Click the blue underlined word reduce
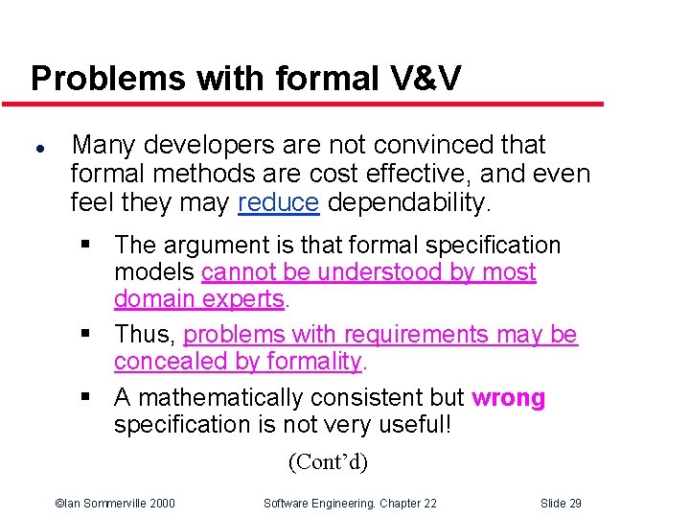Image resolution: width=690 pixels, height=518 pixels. coord(278,203)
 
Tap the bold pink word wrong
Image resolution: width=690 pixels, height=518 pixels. coord(508,398)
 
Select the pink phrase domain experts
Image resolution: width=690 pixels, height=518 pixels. coord(199,299)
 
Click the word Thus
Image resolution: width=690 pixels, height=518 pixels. coord(142,335)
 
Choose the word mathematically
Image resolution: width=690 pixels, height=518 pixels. coord(223,398)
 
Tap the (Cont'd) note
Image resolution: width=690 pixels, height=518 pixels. coord(328,462)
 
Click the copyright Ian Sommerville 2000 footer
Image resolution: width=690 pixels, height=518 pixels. coord(115,504)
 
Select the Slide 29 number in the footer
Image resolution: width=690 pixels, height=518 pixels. coord(561,504)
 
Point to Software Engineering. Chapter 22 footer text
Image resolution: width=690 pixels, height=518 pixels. coord(350,504)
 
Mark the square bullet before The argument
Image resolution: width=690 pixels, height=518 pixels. coord(87,247)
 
